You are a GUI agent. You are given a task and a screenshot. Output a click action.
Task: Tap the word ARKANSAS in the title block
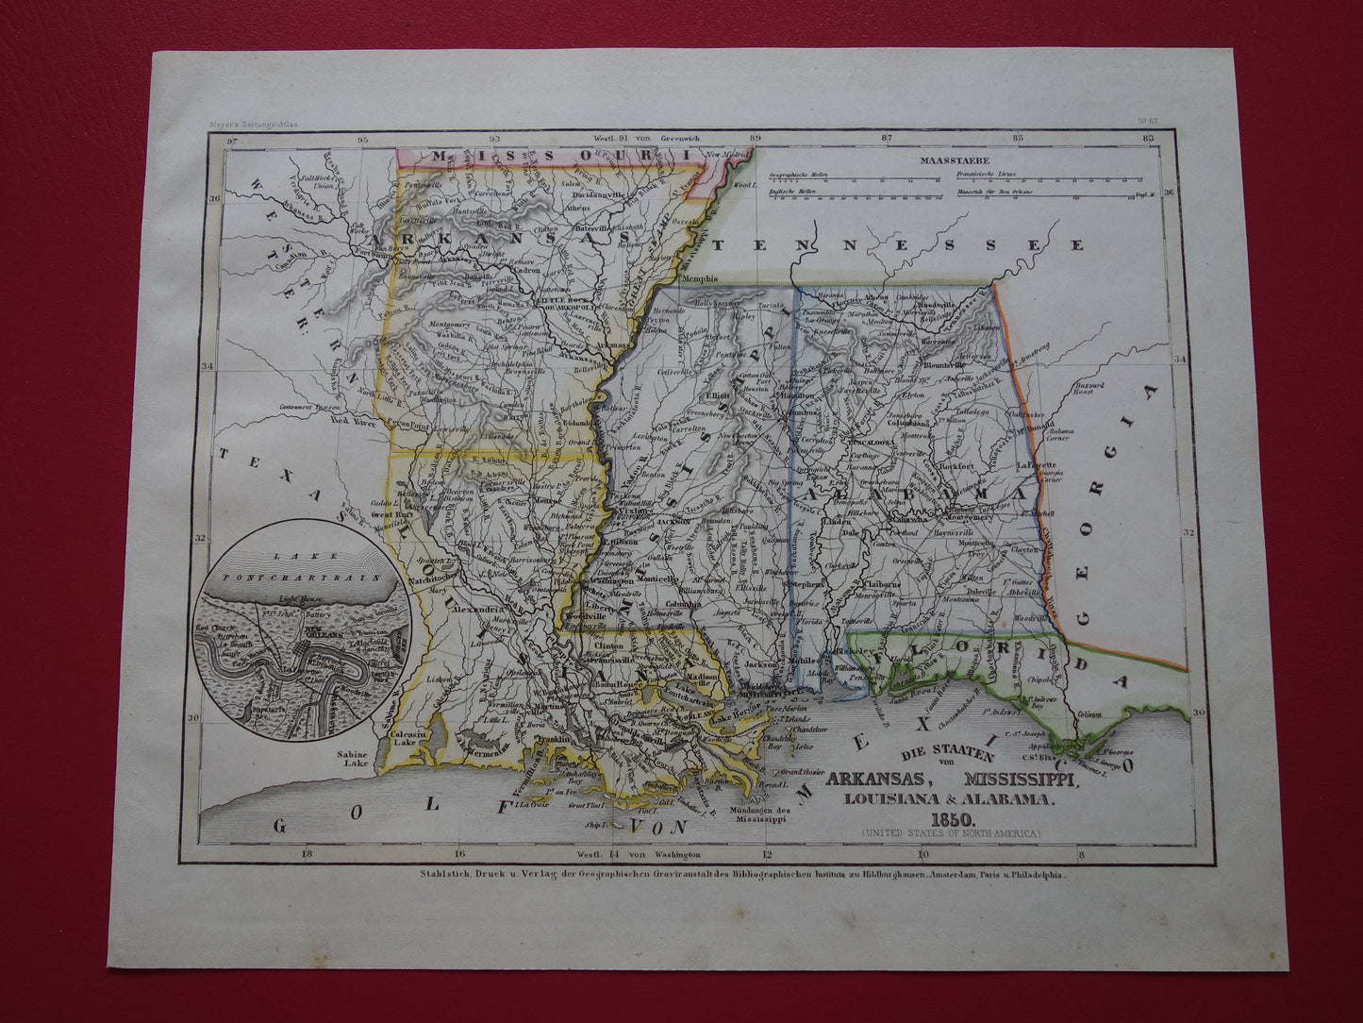pyautogui.click(x=878, y=780)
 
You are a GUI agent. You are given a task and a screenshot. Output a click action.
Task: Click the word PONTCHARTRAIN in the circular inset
pyautogui.click(x=310, y=574)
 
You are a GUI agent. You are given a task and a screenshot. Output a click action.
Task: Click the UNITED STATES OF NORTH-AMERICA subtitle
pyautogui.click(x=951, y=832)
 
